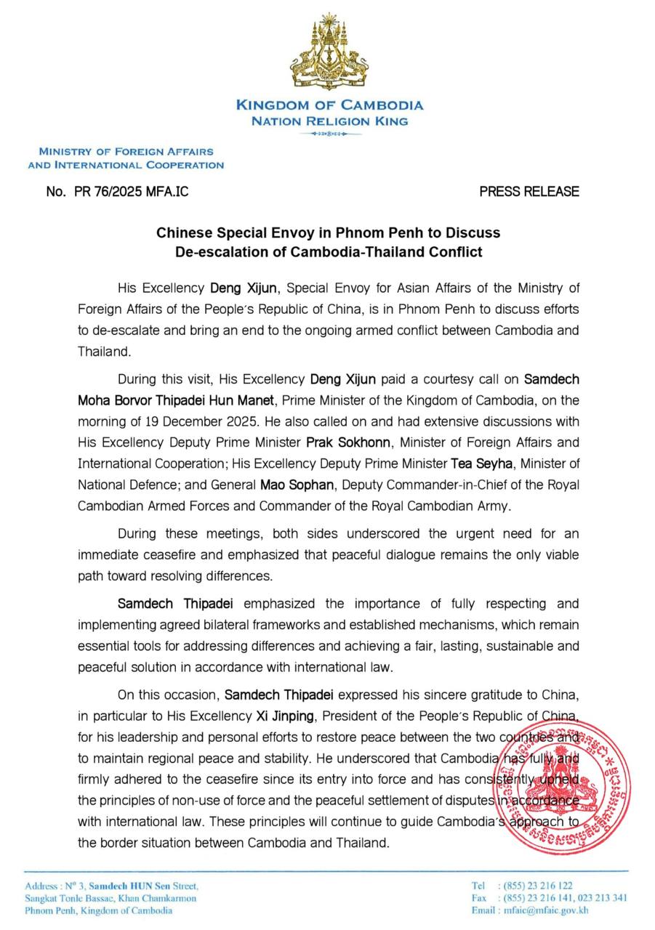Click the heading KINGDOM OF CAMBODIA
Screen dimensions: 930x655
point(329,105)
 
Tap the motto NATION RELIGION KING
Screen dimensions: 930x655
point(329,121)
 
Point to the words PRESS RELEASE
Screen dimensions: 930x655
point(529,192)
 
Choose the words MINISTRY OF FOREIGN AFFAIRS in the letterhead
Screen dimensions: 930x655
point(126,152)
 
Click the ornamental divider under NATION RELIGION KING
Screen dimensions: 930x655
point(329,134)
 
